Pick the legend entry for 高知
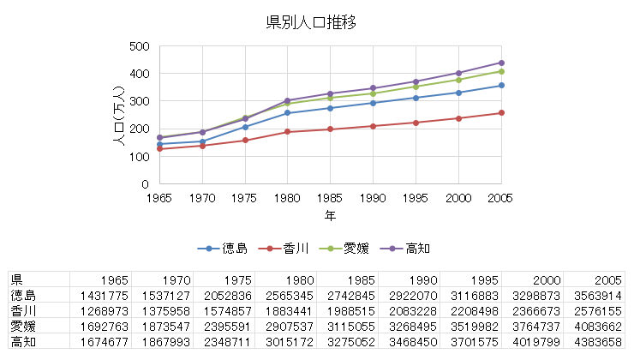[x=416, y=249]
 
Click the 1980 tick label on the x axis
[x=287, y=198]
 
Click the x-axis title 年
[x=330, y=215]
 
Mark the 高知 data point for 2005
[x=501, y=63]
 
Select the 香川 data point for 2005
[x=501, y=112]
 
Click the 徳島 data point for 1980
[x=287, y=112]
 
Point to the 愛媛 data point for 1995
[x=416, y=87]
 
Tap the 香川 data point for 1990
[x=373, y=126]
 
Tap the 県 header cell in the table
[x=16, y=279]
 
